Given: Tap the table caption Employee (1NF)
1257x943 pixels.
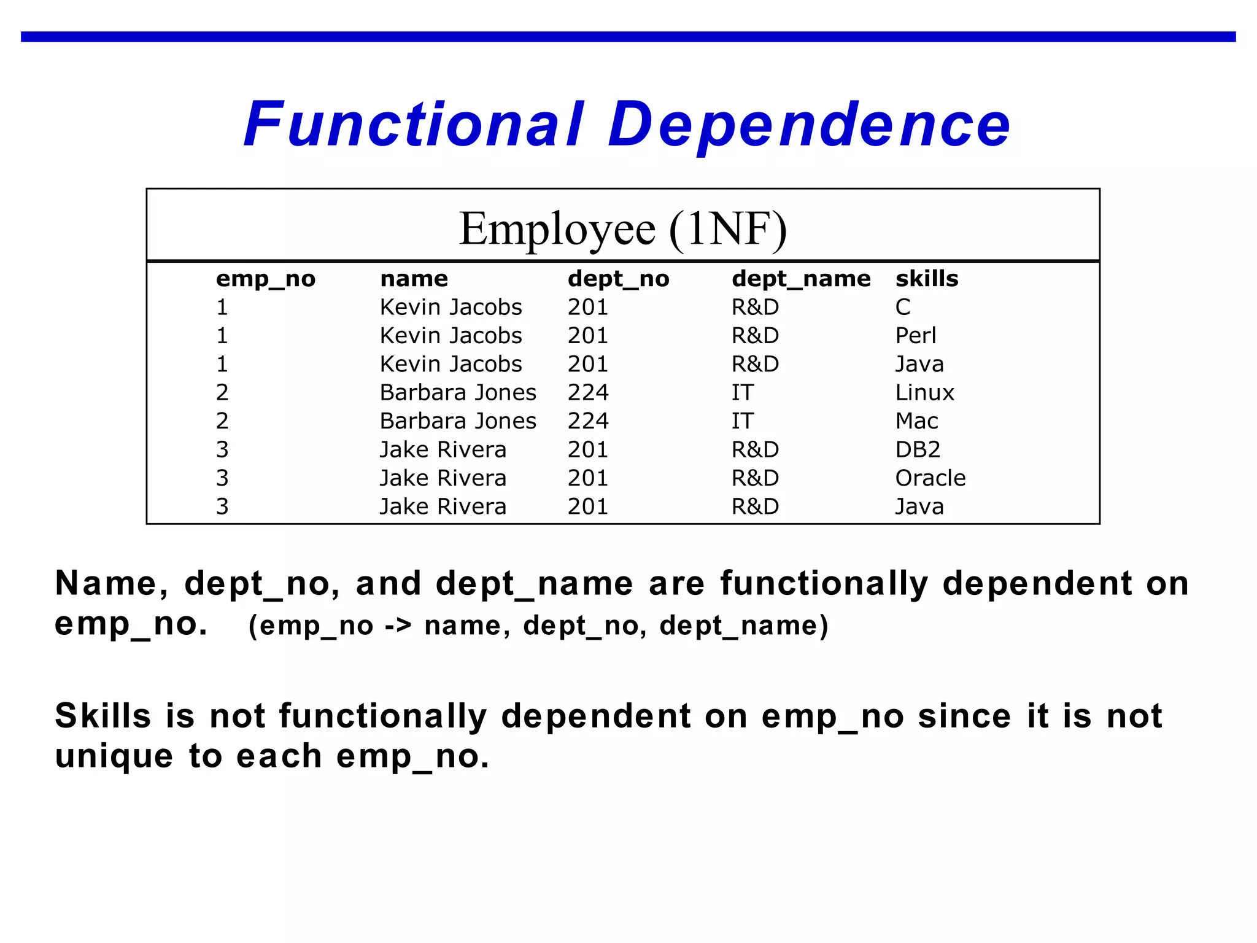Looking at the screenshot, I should (622, 228).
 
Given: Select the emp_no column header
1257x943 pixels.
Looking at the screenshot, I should (265, 279).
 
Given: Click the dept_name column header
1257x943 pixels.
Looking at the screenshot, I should (801, 279).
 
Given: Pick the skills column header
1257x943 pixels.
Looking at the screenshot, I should (926, 279).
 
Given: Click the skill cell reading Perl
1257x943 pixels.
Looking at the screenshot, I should (915, 336).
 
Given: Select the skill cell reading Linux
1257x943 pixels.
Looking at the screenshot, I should (924, 393).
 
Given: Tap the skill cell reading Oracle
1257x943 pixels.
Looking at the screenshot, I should (930, 478).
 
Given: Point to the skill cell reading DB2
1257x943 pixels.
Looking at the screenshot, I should (918, 450).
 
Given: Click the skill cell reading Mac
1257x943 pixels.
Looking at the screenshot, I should (916, 421).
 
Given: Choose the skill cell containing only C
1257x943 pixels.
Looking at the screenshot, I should (902, 307).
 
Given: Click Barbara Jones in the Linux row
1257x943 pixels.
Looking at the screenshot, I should (458, 393).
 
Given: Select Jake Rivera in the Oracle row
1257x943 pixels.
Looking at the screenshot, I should (443, 478).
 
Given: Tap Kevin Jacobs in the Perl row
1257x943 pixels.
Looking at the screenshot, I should (451, 336).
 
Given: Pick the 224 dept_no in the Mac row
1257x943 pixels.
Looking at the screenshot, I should (587, 421).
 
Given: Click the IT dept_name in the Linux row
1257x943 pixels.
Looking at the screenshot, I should (742, 393).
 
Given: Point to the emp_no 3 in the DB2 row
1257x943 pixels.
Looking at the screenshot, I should (222, 450).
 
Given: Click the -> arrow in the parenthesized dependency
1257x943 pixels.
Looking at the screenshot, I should (398, 626).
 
